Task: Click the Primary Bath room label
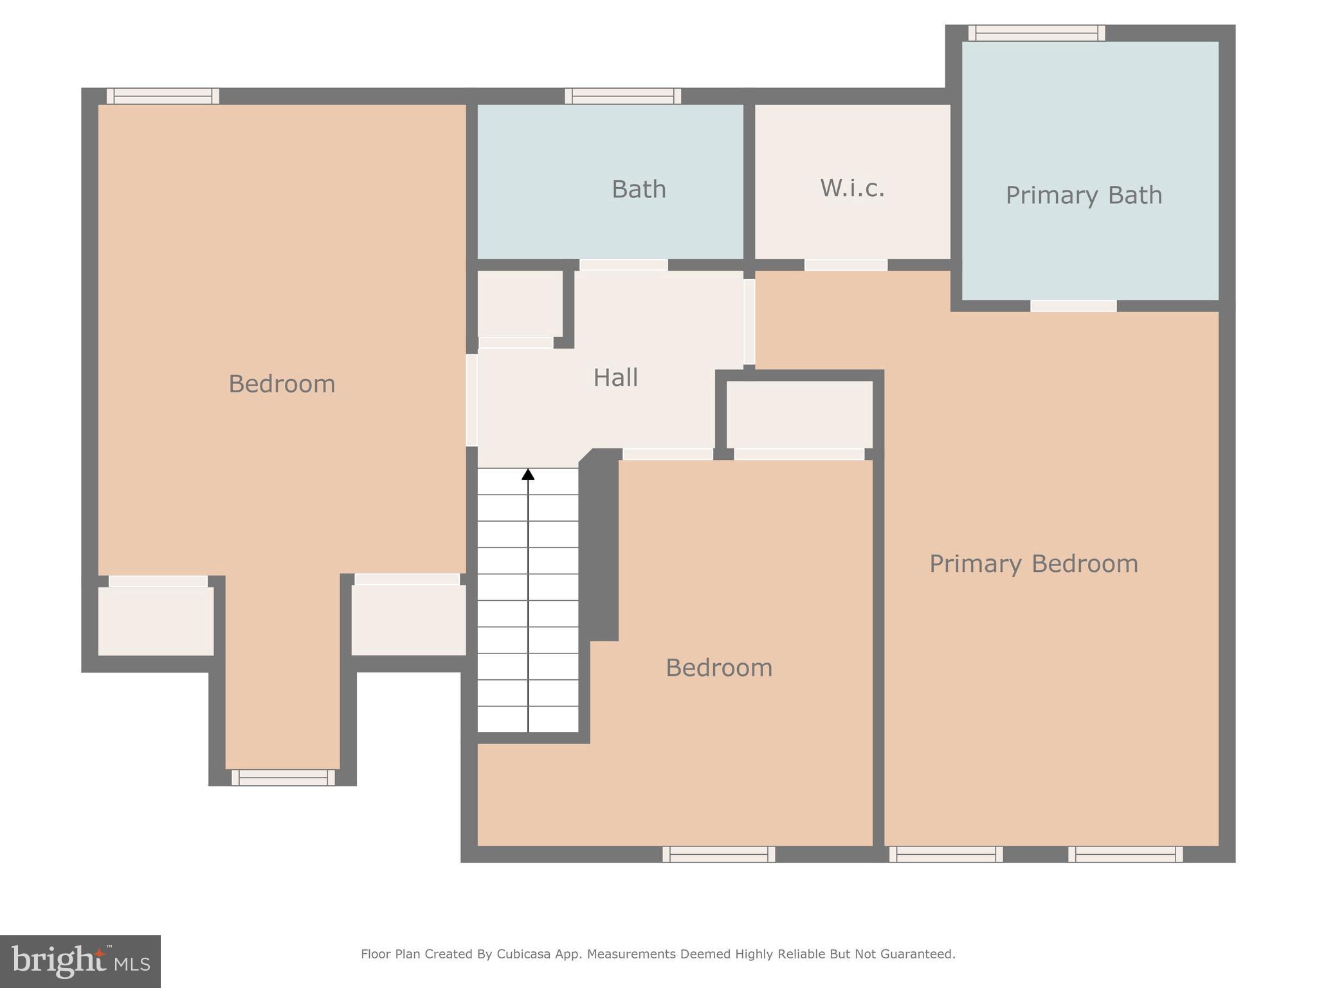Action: (1084, 196)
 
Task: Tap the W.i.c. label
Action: (852, 188)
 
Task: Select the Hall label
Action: (615, 378)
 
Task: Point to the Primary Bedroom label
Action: (1033, 564)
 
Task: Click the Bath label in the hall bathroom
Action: (639, 189)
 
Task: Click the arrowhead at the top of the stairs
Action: (528, 475)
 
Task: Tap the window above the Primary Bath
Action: (1037, 33)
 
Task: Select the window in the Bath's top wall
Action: (622, 96)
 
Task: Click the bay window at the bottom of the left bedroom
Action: (283, 778)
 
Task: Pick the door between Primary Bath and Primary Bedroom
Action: (1073, 306)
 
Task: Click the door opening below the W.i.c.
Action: (846, 265)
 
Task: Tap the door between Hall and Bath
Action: (623, 265)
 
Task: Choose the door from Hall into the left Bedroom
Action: (471, 399)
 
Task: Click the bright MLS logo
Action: (80, 962)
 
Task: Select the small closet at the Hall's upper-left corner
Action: (520, 303)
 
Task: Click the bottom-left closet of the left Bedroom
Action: (156, 621)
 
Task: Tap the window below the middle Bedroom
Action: (718, 854)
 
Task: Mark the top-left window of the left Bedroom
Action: (163, 96)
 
